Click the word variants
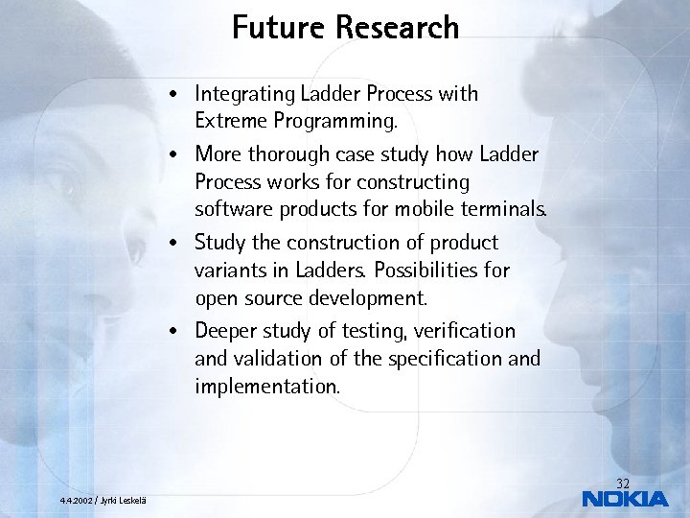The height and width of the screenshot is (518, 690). click(230, 270)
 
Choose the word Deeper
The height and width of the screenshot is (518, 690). click(224, 331)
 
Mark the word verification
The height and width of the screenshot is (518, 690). click(466, 331)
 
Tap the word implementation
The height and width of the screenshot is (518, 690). click(266, 387)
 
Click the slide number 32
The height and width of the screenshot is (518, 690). click(623, 483)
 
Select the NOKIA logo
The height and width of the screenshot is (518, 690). click(625, 499)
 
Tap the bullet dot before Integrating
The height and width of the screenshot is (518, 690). click(169, 95)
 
